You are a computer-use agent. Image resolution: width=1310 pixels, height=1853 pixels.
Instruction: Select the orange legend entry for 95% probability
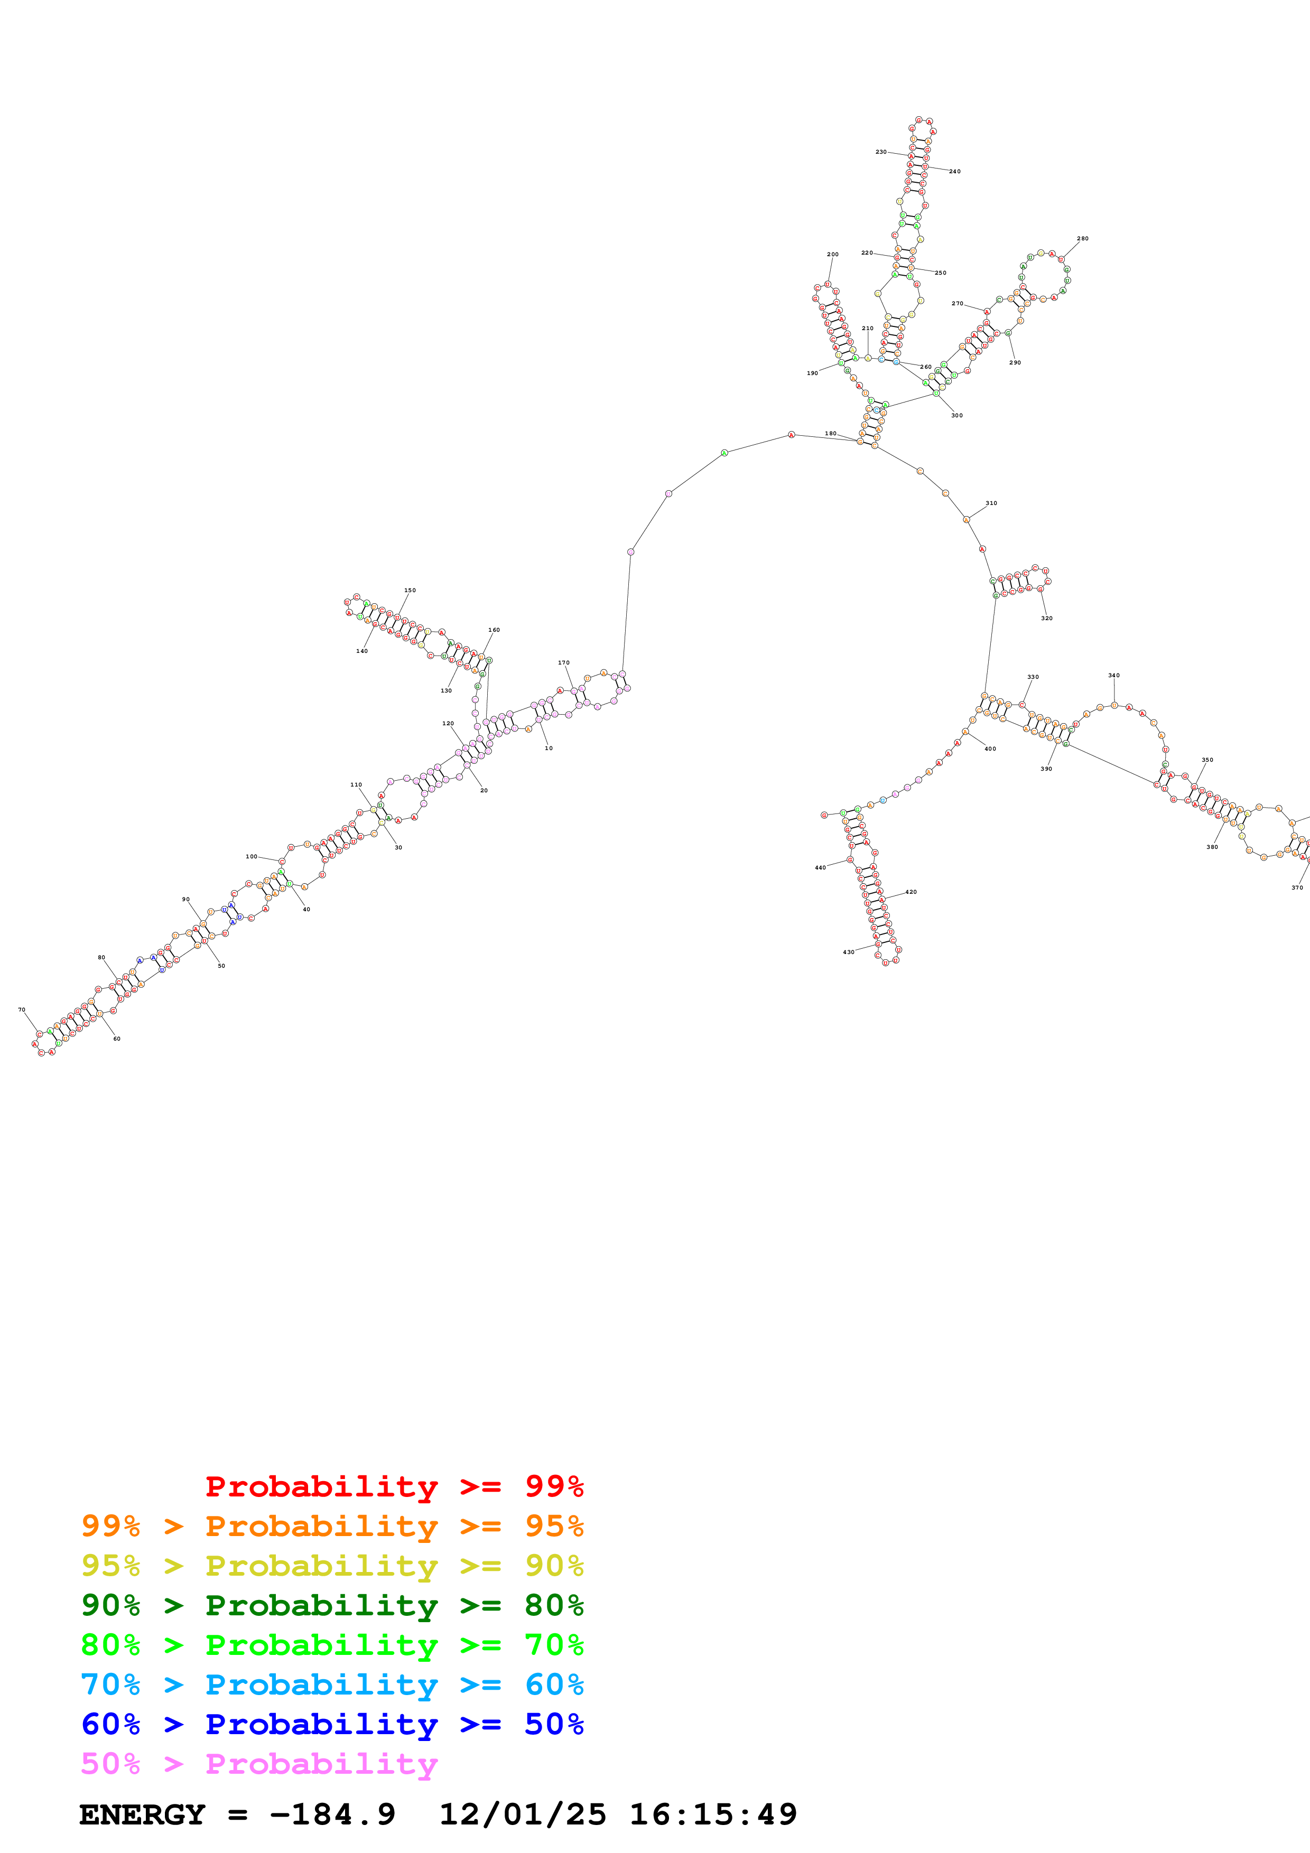coord(332,1526)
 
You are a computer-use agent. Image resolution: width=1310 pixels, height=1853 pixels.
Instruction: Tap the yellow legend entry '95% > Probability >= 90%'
coord(332,1566)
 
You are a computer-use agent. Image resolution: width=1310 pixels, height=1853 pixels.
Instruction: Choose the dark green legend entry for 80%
coord(332,1605)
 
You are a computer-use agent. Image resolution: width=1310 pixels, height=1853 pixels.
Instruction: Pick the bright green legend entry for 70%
coord(332,1645)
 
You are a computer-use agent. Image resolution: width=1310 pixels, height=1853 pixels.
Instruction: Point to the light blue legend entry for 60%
coord(332,1684)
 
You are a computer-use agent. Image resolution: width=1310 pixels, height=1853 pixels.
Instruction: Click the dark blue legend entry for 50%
coord(332,1724)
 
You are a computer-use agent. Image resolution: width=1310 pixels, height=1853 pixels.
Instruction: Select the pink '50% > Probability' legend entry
coord(259,1763)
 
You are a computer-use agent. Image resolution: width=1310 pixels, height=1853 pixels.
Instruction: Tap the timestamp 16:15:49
coord(713,1814)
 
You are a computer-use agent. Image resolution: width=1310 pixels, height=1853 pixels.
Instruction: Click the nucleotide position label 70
coord(22,1009)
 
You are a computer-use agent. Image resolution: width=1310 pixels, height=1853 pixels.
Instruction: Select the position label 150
coord(410,590)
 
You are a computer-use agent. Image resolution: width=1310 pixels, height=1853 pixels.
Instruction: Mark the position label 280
coord(1082,238)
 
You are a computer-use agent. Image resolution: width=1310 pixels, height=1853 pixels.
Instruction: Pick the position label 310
coord(991,503)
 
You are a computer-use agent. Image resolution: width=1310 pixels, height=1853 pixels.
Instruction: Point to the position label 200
coord(833,254)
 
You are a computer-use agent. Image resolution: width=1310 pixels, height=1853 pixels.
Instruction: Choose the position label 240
coord(955,171)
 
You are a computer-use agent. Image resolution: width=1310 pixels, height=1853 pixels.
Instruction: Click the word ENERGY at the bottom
coord(142,1814)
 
